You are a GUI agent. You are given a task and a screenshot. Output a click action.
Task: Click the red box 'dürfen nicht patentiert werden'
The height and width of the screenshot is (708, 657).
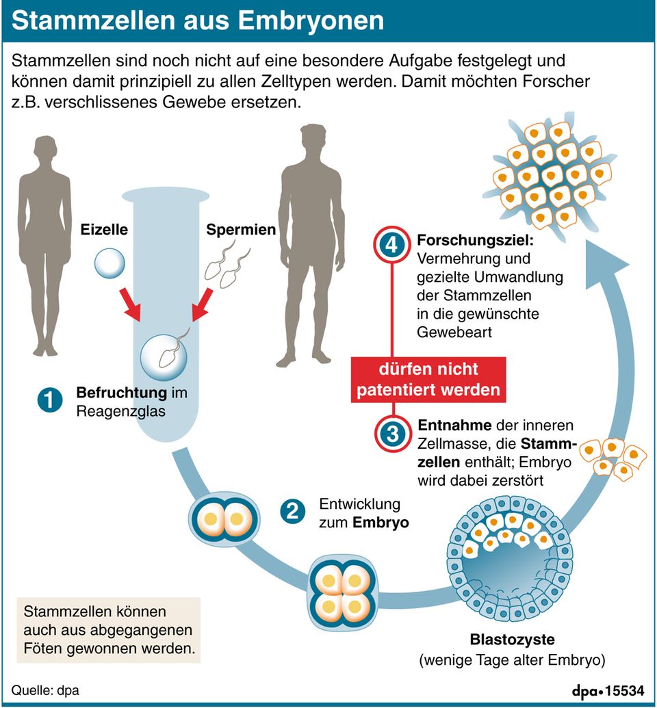(x=429, y=380)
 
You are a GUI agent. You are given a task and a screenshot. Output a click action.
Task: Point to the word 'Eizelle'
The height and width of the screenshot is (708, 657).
(x=104, y=230)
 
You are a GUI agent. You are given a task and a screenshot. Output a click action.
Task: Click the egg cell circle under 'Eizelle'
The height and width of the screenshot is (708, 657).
(x=109, y=263)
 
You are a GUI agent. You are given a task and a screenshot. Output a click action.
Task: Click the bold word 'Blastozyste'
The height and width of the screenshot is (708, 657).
(x=512, y=641)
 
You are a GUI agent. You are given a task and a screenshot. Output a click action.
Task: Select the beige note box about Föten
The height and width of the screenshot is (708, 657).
(x=108, y=629)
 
